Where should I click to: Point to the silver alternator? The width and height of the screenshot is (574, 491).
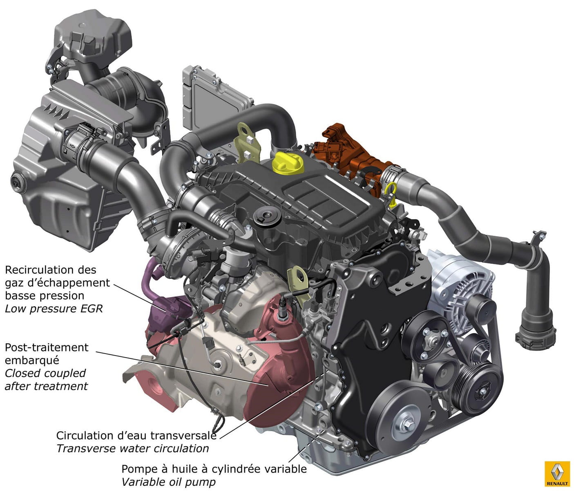[458, 289]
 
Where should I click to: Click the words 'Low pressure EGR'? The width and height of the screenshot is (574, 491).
[54, 309]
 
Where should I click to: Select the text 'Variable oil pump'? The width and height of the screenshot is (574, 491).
[169, 482]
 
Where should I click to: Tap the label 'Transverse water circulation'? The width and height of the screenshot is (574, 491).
[133, 448]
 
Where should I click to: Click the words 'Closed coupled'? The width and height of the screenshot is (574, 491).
[45, 373]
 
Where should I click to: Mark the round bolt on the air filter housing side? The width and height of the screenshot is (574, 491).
[17, 182]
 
